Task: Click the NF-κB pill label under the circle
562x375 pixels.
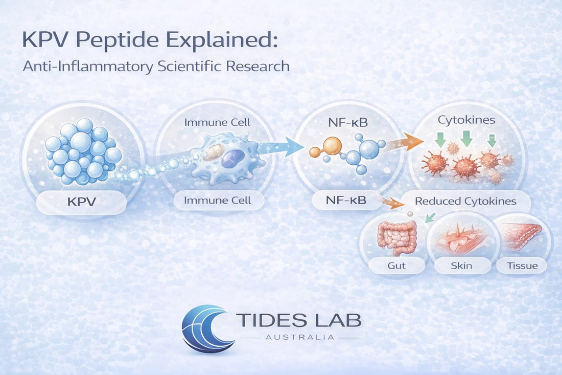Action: [346, 201]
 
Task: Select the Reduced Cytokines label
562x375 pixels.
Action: [465, 201]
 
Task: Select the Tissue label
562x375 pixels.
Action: [523, 265]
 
